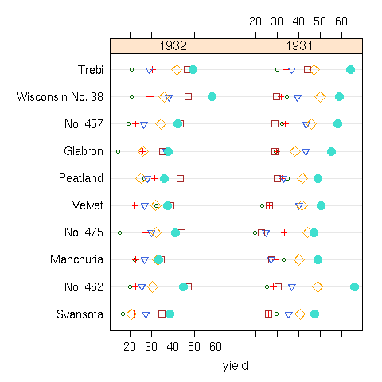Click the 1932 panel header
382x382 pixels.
click(173, 45)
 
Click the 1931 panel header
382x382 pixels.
click(299, 45)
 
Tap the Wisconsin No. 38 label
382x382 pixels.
click(60, 97)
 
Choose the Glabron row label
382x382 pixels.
click(84, 151)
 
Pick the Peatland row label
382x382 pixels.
click(82, 178)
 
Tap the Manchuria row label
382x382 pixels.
click(76, 259)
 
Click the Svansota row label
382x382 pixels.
click(79, 314)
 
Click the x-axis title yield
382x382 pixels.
click(236, 365)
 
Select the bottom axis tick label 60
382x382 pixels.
click(216, 345)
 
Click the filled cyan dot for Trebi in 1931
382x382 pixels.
click(350, 70)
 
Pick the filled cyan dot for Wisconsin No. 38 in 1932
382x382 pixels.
click(212, 96)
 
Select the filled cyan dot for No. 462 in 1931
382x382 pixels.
click(354, 286)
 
